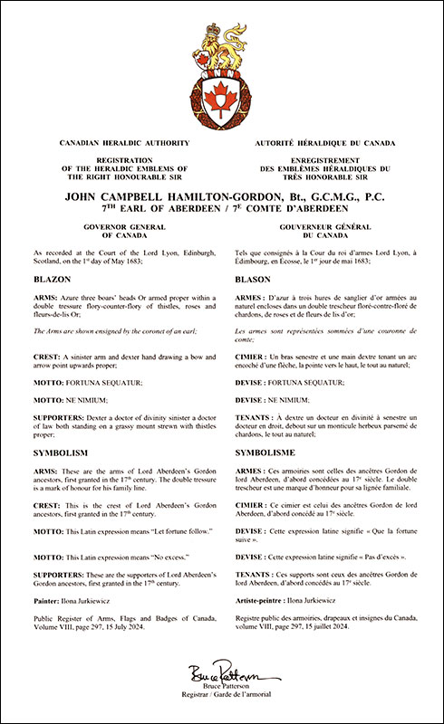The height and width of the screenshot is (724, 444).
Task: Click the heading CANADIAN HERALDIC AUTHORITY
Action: click(111, 144)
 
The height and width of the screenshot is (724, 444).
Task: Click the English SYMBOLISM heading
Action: click(62, 449)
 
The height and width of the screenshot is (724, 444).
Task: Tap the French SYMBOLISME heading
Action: click(267, 449)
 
